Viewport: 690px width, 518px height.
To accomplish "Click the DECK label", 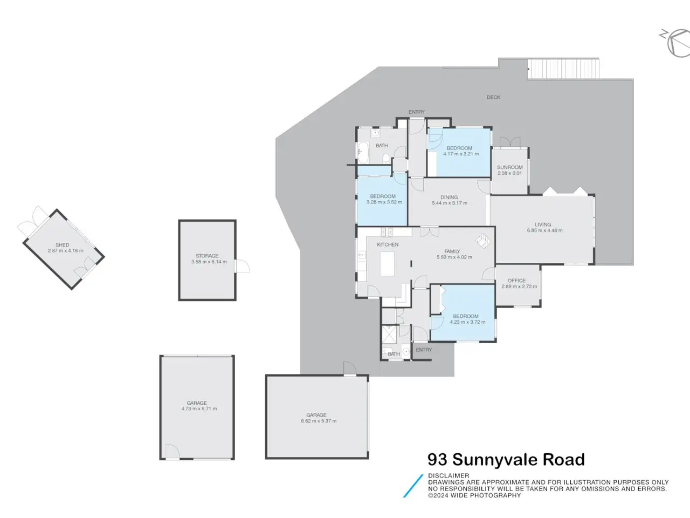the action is click(x=493, y=98).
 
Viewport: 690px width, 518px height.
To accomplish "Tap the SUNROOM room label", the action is click(x=509, y=167).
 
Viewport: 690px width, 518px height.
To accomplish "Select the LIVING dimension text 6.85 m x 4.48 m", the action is click(x=545, y=230).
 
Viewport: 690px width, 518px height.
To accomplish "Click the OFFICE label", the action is click(x=516, y=281).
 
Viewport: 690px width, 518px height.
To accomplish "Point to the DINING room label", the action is click(x=449, y=197).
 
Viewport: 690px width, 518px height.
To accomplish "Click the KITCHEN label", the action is click(x=388, y=244).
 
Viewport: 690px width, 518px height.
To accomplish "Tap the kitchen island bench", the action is click(x=387, y=263).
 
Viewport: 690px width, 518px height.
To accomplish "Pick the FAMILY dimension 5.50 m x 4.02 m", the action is click(x=454, y=257).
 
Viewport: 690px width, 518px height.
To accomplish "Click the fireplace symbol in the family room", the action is click(x=483, y=241).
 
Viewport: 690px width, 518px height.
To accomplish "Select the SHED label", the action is click(x=62, y=245).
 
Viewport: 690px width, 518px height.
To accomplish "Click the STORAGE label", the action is click(x=207, y=256).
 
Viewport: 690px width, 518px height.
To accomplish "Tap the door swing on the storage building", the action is click(x=243, y=266).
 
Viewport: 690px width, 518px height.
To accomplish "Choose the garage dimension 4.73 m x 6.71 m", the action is click(x=199, y=409).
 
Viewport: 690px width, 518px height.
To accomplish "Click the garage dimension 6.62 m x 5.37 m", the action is click(x=319, y=421).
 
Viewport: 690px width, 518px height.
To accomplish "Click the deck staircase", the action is click(x=563, y=69).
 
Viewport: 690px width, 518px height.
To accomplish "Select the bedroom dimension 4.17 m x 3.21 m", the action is click(x=461, y=154).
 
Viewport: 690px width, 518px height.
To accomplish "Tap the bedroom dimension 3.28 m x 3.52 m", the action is click(x=384, y=202).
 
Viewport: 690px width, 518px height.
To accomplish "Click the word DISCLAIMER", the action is click(x=448, y=476).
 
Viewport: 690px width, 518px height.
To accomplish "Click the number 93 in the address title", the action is click(x=437, y=460).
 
